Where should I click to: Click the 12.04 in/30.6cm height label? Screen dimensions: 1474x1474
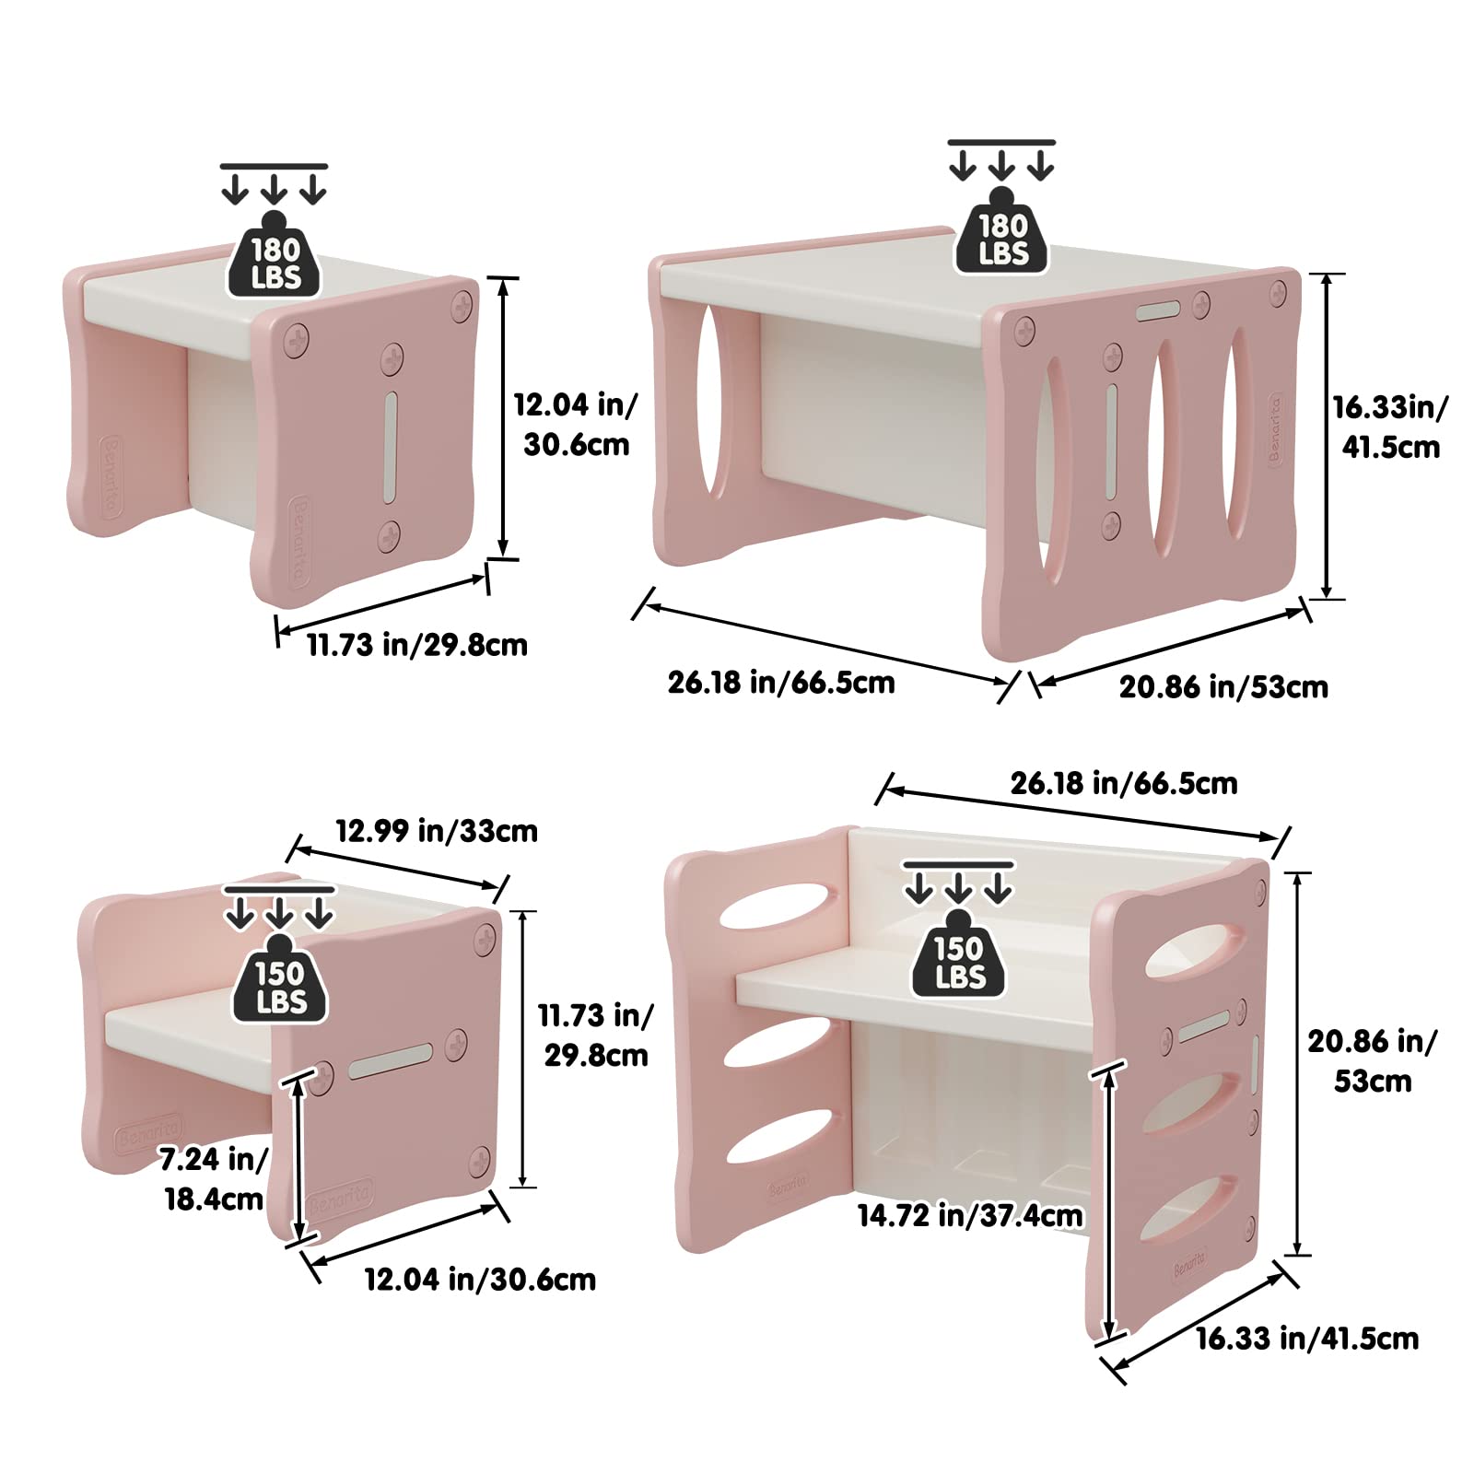coord(576,425)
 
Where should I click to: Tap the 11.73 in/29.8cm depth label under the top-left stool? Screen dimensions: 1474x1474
coord(417,644)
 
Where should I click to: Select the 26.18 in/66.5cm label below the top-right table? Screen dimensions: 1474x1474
coord(781,683)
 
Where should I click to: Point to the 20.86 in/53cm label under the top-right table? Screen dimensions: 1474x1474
coord(1223,687)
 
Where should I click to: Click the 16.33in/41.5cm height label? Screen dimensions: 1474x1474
coord(1390,427)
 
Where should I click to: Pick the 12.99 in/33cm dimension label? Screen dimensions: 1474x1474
coord(436,831)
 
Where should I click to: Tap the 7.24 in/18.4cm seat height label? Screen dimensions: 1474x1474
coord(214,1179)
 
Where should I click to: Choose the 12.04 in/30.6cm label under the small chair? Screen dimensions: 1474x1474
coord(480,1280)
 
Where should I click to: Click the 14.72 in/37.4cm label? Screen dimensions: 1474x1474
coord(970,1216)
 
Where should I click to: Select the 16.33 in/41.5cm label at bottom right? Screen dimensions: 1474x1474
coord(1307,1339)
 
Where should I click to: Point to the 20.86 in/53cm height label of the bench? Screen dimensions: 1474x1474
coord(1372,1060)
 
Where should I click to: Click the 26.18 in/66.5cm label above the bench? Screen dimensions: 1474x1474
coord(1124,783)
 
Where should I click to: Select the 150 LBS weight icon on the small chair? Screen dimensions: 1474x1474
coord(280,978)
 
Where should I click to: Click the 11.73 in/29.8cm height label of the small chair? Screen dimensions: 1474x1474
coord(595,1035)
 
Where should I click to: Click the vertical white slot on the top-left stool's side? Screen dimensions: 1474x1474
coord(391,448)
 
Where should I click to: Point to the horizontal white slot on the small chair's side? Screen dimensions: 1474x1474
coord(391,1061)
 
